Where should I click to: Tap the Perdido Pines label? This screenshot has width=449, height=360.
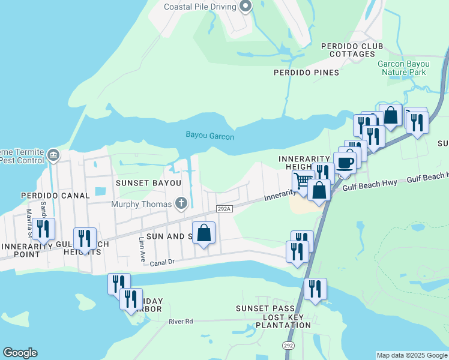tap(306, 73)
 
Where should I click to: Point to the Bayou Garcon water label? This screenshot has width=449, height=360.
tap(209, 136)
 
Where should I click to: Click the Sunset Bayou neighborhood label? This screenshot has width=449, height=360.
tap(148, 182)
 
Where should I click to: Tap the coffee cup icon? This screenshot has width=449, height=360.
tap(345, 163)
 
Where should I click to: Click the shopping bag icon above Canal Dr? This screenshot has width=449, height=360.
tap(203, 232)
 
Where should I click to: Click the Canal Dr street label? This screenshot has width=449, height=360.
tap(162, 262)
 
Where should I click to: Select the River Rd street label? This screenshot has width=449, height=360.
tap(181, 322)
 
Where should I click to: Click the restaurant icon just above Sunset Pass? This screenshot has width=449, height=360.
tap(315, 289)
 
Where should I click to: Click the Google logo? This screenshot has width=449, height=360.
tap(20, 353)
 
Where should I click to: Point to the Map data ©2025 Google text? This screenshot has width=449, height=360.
tap(412, 355)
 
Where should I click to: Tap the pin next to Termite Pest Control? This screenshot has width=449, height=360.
tap(53, 155)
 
